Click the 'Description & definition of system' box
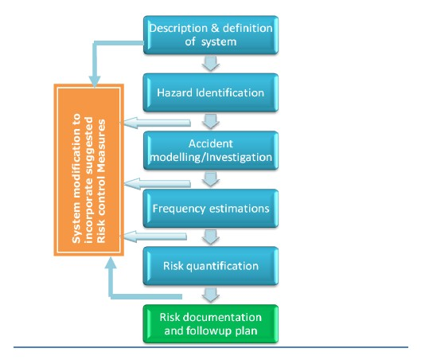click(211, 35)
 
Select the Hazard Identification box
click(211, 92)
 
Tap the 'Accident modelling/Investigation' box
click(211, 151)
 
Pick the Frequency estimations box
click(211, 209)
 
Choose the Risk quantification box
click(211, 266)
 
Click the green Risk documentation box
click(211, 324)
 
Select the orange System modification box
click(89, 170)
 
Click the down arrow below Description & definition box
click(211, 64)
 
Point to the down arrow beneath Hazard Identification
click(211, 121)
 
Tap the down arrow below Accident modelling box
click(211, 179)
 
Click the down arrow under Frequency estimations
click(211, 237)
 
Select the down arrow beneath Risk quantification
click(211, 295)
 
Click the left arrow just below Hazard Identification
click(158, 123)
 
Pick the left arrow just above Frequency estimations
click(158, 183)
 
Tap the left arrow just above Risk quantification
click(155, 237)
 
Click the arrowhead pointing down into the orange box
click(95, 81)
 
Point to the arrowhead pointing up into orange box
click(111, 263)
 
